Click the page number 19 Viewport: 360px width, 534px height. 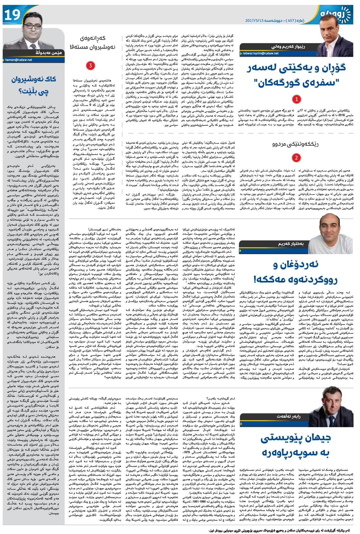point(12,15)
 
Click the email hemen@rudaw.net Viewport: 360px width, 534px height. point(18,60)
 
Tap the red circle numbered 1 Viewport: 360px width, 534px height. point(297,99)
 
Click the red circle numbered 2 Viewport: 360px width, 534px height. point(296,158)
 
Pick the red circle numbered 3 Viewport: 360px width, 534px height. point(90,66)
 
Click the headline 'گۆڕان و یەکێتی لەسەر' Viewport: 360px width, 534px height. point(297,68)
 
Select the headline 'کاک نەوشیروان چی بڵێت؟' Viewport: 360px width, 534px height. point(34,86)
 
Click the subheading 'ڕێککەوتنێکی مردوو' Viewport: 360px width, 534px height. point(297,144)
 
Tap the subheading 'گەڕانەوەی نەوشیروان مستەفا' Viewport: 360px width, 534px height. point(90,43)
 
